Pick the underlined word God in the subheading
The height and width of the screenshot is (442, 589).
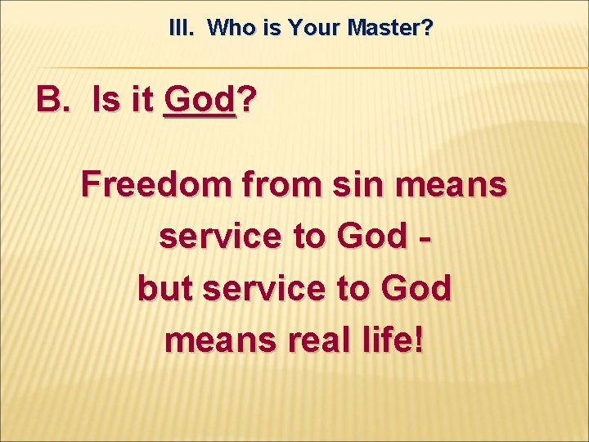click(x=199, y=101)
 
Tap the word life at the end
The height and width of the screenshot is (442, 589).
click(x=394, y=339)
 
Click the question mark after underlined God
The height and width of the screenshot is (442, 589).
click(x=245, y=101)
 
